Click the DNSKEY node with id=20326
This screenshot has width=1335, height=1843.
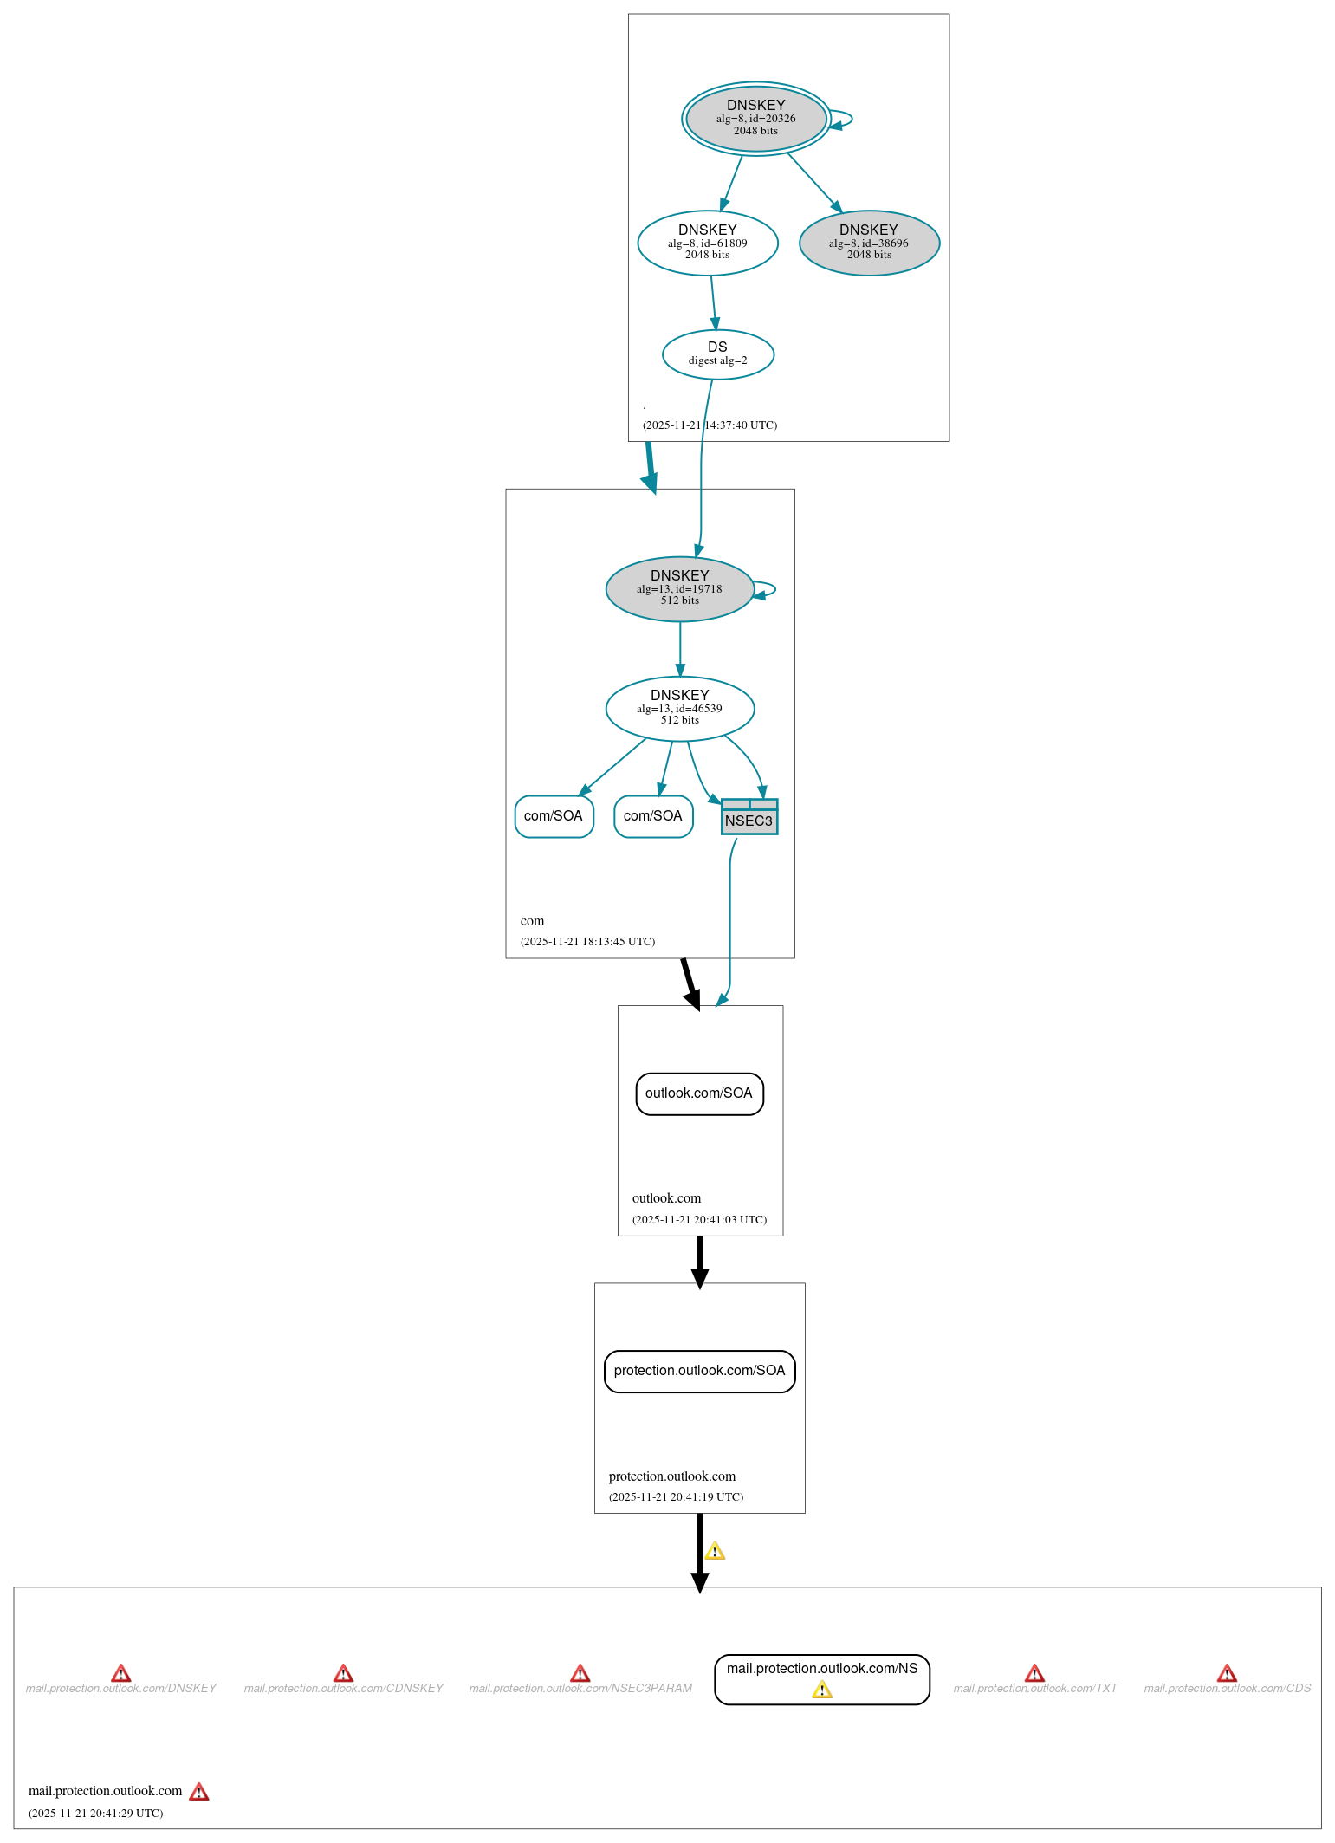click(755, 119)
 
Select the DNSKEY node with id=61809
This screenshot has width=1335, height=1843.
click(707, 243)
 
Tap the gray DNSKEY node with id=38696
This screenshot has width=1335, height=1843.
click(868, 243)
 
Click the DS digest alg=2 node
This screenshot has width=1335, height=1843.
click(717, 354)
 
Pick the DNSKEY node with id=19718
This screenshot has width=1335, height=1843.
click(679, 588)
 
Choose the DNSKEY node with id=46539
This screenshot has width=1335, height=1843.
click(679, 708)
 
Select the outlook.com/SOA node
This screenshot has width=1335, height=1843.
click(699, 1093)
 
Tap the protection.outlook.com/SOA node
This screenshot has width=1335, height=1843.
click(699, 1371)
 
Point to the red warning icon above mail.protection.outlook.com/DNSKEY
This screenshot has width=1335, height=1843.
click(121, 1673)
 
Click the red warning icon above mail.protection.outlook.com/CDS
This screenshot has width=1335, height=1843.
click(1227, 1673)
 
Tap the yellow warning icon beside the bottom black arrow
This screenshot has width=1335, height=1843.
click(715, 1551)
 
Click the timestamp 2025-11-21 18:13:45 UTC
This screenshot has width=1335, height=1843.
click(587, 942)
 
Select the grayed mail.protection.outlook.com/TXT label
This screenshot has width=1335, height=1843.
click(1035, 1689)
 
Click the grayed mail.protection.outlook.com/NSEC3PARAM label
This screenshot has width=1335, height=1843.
click(580, 1689)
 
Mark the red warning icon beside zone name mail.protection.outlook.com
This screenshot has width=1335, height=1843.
click(199, 1792)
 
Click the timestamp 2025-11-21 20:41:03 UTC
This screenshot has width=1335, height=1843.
click(699, 1220)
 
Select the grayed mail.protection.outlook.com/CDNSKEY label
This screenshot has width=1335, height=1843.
click(343, 1689)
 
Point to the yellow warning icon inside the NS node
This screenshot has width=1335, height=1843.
click(821, 1690)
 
